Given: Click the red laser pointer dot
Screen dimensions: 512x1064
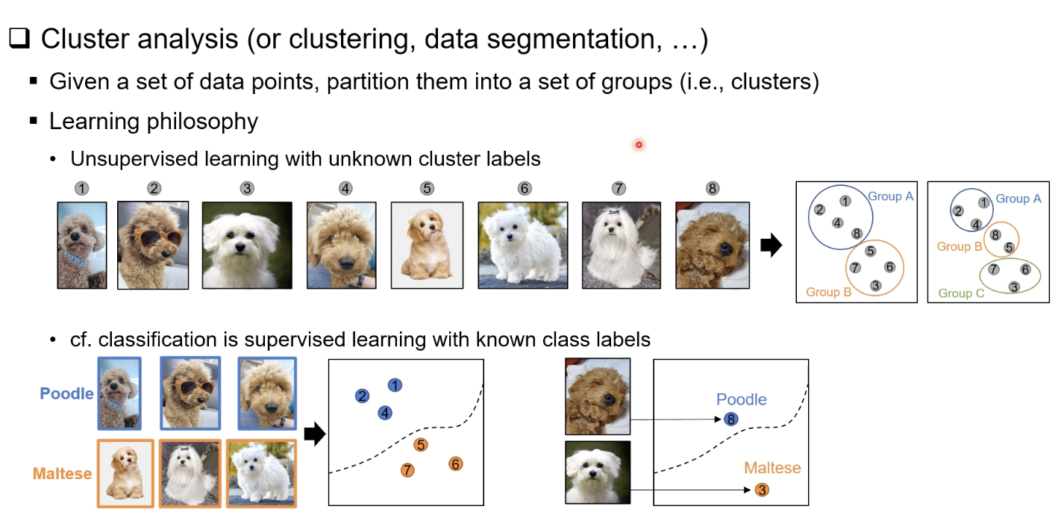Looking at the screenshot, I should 639,145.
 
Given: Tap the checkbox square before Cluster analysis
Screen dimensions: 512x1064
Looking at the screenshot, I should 19,40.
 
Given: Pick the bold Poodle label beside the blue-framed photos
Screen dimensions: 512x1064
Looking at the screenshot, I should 66,393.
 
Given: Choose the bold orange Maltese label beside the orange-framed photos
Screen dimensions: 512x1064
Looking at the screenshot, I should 62,473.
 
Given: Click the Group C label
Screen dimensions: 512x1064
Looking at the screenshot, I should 961,293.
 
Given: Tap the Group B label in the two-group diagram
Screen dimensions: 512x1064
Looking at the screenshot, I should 828,292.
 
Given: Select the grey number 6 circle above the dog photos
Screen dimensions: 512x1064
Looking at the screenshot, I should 525,189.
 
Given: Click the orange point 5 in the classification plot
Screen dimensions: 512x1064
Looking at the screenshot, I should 422,445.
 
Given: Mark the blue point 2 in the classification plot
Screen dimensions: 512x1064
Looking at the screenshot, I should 363,396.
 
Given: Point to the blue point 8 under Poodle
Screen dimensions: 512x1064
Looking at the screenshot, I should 731,419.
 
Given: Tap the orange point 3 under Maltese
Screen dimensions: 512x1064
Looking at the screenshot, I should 761,490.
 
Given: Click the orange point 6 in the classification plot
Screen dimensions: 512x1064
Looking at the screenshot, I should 455,463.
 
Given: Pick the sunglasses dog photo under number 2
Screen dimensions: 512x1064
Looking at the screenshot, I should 154,245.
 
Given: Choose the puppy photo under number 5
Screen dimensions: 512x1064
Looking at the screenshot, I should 427,245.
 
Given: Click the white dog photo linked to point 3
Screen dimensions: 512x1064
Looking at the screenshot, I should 598,472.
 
